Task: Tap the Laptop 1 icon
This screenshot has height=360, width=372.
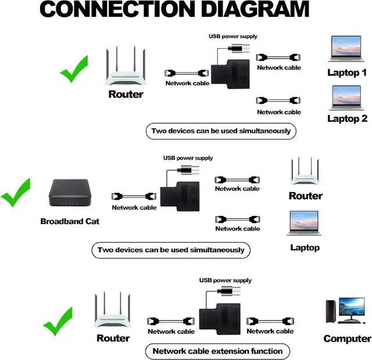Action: pyautogui.click(x=347, y=50)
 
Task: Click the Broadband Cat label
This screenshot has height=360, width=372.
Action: pyautogui.click(x=70, y=221)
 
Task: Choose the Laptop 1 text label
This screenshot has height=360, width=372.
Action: pyautogui.click(x=347, y=73)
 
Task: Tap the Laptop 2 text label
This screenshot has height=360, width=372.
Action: pyautogui.click(x=347, y=118)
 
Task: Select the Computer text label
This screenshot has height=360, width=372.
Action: pyautogui.click(x=347, y=339)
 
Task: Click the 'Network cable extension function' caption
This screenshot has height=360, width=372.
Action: pyautogui.click(x=217, y=351)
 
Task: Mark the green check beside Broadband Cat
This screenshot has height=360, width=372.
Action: pyautogui.click(x=16, y=193)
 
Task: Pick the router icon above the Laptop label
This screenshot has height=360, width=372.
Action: pyautogui.click(x=306, y=172)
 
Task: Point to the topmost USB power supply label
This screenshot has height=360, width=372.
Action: pyautogui.click(x=233, y=37)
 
